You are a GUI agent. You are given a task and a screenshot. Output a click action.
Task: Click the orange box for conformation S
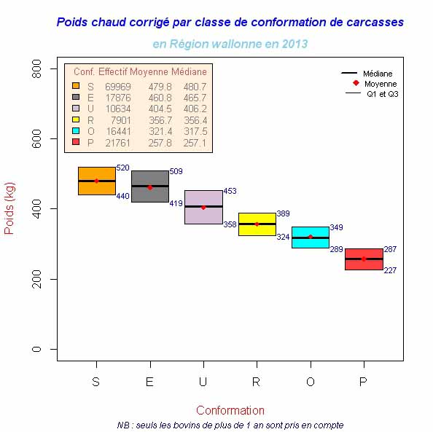coord(96,181)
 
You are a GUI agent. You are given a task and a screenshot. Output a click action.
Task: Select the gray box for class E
coord(150,186)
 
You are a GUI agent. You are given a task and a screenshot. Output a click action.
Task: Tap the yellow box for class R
coord(257,224)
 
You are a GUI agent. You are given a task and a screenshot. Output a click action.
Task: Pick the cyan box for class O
coord(311,237)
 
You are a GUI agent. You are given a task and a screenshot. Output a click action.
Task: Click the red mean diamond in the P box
coord(364,259)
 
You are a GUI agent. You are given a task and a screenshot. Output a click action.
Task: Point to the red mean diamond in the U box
coord(203,208)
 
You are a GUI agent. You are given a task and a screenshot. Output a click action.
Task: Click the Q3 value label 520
coord(122,168)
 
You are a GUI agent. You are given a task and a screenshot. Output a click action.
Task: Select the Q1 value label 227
coord(390,270)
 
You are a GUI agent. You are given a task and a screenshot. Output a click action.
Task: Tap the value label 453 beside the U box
coord(230,191)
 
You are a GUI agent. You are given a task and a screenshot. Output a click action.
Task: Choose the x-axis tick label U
coord(203,382)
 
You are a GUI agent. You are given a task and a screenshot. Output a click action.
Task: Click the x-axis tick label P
coord(364,382)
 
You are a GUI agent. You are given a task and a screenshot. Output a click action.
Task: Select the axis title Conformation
coord(230,410)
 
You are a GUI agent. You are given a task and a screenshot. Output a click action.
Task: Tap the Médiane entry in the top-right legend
coord(377,74)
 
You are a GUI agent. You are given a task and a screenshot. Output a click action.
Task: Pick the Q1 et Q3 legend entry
coord(381,94)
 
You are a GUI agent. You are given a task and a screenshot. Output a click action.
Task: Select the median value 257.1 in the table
coord(195,143)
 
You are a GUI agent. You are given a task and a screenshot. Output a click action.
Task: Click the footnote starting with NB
coord(230,425)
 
